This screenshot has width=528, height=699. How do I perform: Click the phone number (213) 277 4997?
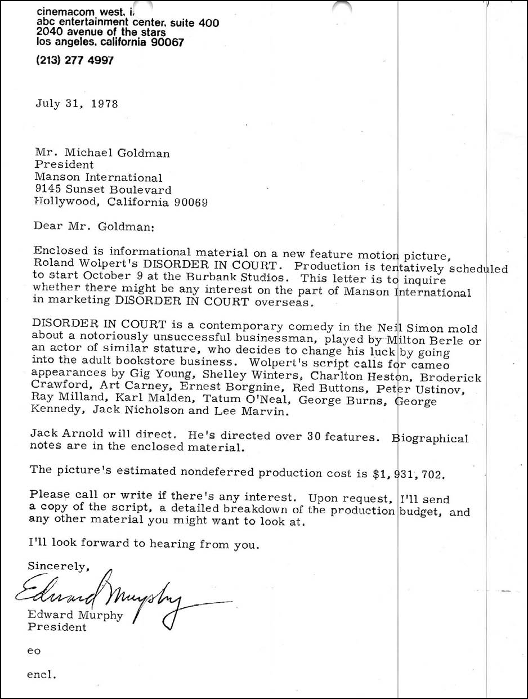pyautogui.click(x=75, y=60)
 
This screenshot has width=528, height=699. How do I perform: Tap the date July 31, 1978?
pyautogui.click(x=77, y=104)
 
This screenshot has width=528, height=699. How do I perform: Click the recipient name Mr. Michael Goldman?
pyautogui.click(x=102, y=153)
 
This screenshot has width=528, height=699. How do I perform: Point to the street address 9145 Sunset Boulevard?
pyautogui.click(x=103, y=190)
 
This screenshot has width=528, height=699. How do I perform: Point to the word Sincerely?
pyautogui.click(x=59, y=566)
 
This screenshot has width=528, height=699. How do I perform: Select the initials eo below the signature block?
pyautogui.click(x=34, y=651)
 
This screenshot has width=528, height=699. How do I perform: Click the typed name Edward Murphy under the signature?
pyautogui.click(x=75, y=615)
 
